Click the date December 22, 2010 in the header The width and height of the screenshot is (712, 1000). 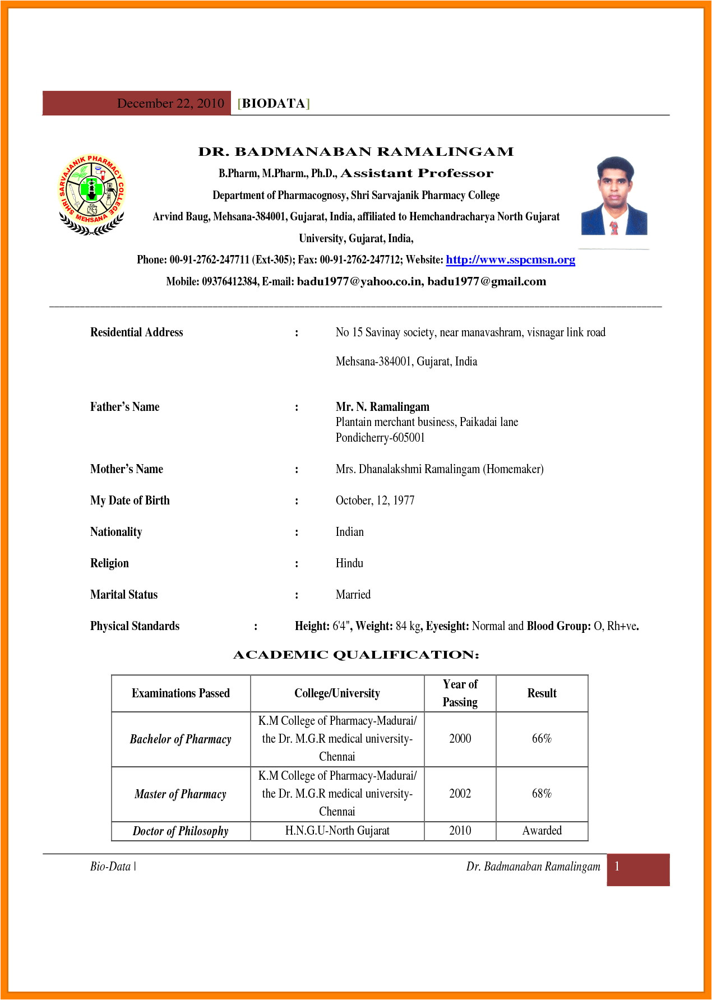click(170, 103)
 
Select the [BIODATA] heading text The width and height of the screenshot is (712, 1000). click(274, 103)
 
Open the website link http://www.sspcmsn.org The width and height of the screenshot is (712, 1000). click(510, 260)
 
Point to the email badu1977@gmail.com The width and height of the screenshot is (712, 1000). click(487, 281)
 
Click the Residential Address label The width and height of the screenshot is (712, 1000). click(137, 332)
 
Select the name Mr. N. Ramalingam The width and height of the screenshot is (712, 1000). click(382, 407)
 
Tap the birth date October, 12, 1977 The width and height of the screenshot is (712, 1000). click(375, 501)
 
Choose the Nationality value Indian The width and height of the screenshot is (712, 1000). click(350, 532)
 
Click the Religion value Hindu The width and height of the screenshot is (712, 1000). click(349, 563)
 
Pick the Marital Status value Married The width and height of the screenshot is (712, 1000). click(353, 595)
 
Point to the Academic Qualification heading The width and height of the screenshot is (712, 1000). click(356, 655)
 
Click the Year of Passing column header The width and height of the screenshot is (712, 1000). click(460, 693)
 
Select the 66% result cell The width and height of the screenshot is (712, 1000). click(542, 739)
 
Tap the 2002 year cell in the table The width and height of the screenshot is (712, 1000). click(460, 794)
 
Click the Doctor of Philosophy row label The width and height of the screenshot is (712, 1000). click(181, 831)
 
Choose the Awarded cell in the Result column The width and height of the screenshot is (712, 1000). click(542, 831)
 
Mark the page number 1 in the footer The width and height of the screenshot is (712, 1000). click(617, 867)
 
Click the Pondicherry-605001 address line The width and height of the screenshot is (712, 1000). click(380, 438)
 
